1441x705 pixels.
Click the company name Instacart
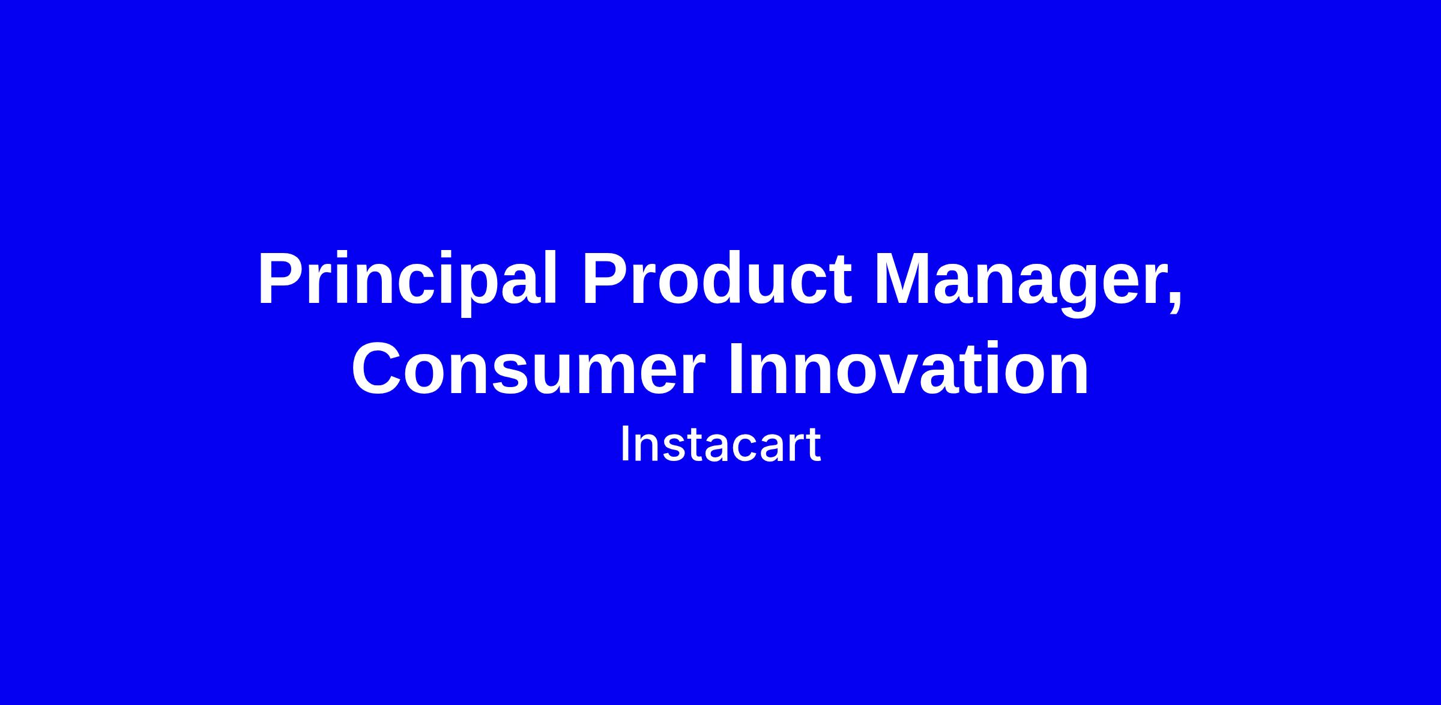(720, 445)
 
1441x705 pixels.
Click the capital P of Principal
(282, 279)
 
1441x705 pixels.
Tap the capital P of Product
(606, 279)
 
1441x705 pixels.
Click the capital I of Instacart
(624, 445)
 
